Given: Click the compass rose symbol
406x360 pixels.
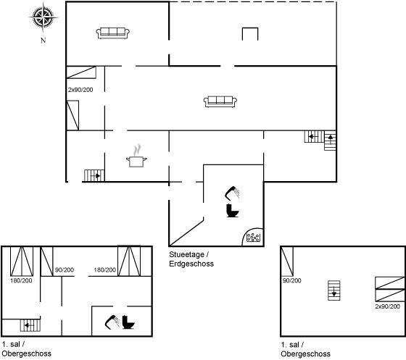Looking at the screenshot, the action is (43, 17).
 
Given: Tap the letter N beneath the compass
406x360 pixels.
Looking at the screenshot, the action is (43, 41).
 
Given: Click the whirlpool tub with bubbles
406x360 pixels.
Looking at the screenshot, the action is (253, 237).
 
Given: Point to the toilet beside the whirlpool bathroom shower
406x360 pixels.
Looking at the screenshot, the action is (233, 211).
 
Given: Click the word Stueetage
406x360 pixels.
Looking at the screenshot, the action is (187, 254).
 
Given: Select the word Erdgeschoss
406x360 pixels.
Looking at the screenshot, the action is (191, 264).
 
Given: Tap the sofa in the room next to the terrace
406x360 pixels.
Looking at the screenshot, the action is (113, 33).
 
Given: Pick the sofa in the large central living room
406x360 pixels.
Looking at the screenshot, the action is (220, 101).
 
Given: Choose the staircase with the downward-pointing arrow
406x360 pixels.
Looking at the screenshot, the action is (334, 290).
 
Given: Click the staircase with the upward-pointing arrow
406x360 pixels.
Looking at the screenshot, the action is (331, 141).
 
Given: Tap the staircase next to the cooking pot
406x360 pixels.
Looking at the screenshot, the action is (94, 175).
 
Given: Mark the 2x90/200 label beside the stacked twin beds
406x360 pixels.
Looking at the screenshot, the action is (388, 306).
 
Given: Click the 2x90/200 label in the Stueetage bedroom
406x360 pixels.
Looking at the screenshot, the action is (80, 90).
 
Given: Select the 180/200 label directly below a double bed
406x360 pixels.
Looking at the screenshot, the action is (21, 280).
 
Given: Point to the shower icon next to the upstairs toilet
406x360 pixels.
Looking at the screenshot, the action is (112, 322).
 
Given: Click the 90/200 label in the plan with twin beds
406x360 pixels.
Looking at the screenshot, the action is (292, 280).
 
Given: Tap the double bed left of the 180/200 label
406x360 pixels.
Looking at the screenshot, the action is (22, 261).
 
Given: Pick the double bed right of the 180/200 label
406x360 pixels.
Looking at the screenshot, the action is (129, 261).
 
